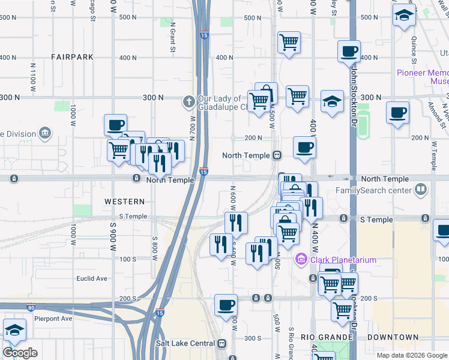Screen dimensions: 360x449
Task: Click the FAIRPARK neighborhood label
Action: pyautogui.click(x=72, y=57)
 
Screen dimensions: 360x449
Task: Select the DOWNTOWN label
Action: pyautogui.click(x=393, y=337)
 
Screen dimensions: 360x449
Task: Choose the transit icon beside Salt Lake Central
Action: pyautogui.click(x=223, y=343)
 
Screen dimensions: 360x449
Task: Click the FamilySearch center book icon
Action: pyautogui.click(x=422, y=191)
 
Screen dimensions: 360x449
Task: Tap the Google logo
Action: pyautogui.click(x=20, y=353)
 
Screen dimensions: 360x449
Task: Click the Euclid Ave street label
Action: pyautogui.click(x=91, y=278)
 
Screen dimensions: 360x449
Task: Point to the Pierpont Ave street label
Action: pyautogui.click(x=53, y=319)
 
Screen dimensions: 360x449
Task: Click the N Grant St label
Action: pyautogui.click(x=172, y=38)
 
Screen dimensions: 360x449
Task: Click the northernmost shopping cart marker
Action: pyautogui.click(x=289, y=43)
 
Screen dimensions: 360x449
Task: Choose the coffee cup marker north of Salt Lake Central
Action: pyautogui.click(x=226, y=305)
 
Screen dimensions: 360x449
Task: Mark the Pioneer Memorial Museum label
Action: pyautogui.click(x=423, y=77)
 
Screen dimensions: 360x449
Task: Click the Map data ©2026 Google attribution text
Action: pyautogui.click(x=412, y=355)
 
